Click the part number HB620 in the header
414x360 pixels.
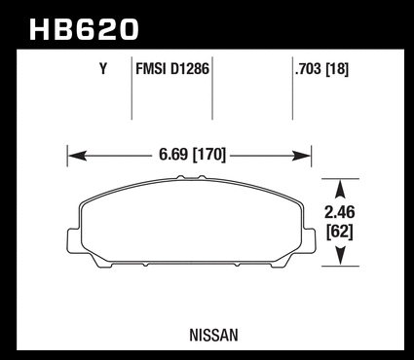(x=84, y=29)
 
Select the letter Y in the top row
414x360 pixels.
(x=103, y=69)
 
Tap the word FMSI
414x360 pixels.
(x=151, y=69)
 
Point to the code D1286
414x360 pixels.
(x=190, y=69)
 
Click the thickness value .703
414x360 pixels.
(x=308, y=69)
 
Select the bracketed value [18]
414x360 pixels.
(x=337, y=69)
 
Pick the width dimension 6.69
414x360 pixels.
(x=173, y=155)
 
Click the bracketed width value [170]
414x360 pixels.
(x=209, y=155)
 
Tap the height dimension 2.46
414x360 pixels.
(x=340, y=212)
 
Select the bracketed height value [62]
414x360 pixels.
(x=340, y=232)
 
